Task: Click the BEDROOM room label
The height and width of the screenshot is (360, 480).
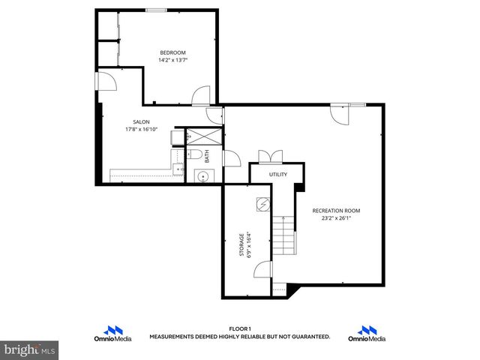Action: point(172,52)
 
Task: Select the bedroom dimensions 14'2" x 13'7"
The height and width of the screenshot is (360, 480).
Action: point(172,60)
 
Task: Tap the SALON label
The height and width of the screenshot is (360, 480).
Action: point(140,121)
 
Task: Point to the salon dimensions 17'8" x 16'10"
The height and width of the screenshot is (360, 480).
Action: point(140,129)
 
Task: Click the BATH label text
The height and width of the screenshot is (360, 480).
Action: point(207,157)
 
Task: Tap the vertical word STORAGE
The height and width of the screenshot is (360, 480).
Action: point(241,245)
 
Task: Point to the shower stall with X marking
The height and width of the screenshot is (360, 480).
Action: point(202,136)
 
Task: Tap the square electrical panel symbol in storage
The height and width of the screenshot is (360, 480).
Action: point(262,203)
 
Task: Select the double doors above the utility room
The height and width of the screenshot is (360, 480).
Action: point(269,156)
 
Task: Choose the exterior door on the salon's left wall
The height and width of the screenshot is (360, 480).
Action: point(105,82)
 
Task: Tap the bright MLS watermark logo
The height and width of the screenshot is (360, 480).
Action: point(29,349)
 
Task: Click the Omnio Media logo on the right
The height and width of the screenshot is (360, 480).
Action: point(367,334)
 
